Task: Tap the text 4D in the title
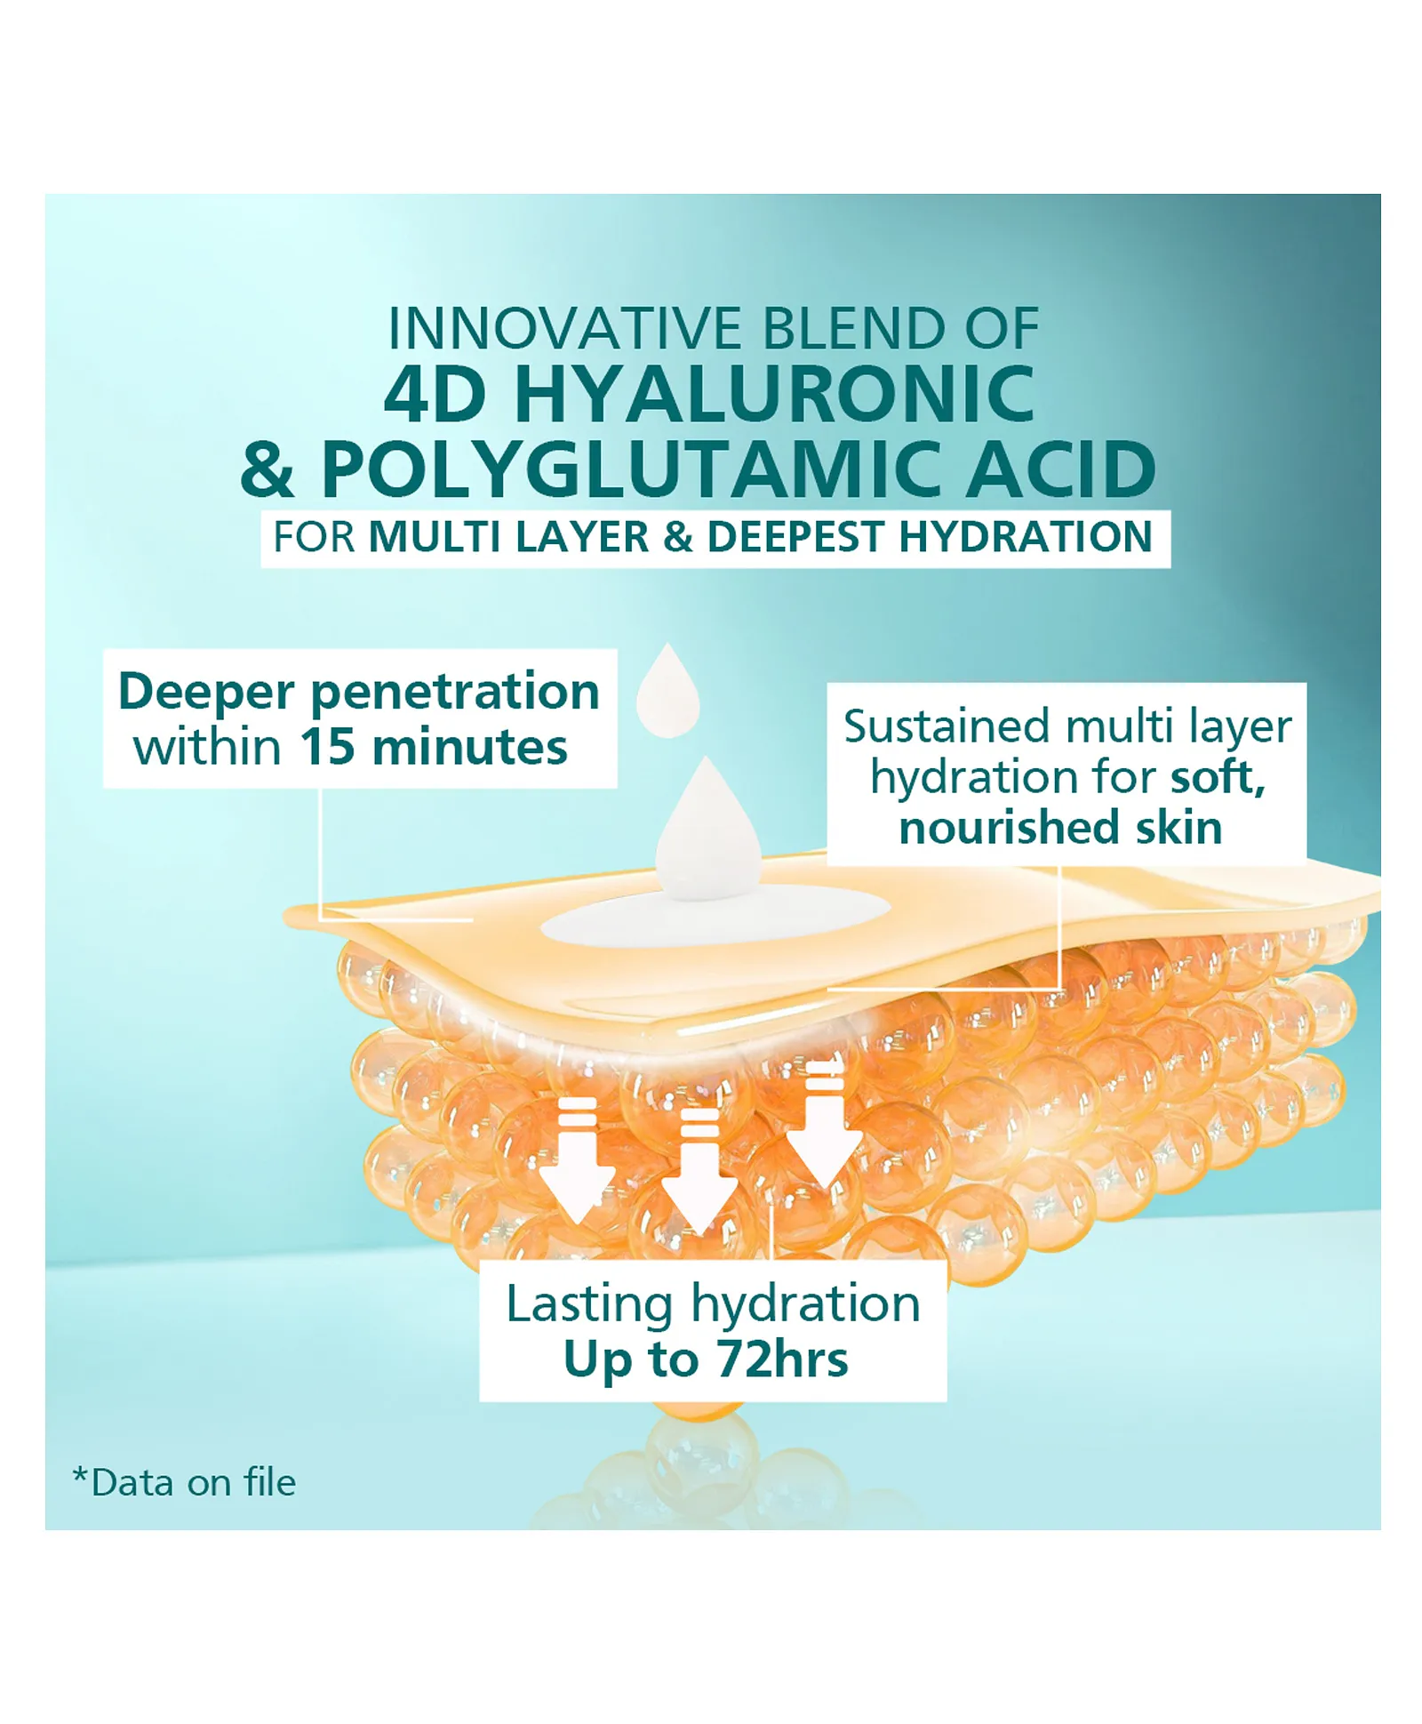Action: [x=435, y=392]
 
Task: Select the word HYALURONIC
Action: [x=774, y=393]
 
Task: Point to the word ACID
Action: [x=1060, y=469]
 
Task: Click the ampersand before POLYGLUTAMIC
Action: [x=267, y=469]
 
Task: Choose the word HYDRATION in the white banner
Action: [x=1026, y=537]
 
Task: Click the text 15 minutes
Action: [x=434, y=746]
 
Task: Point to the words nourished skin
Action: [x=1060, y=828]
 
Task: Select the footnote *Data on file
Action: [x=184, y=1482]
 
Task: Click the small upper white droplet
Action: [x=668, y=690]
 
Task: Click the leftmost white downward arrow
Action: [x=578, y=1159]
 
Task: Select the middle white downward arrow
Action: [x=699, y=1171]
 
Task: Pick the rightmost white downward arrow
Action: [x=825, y=1124]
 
